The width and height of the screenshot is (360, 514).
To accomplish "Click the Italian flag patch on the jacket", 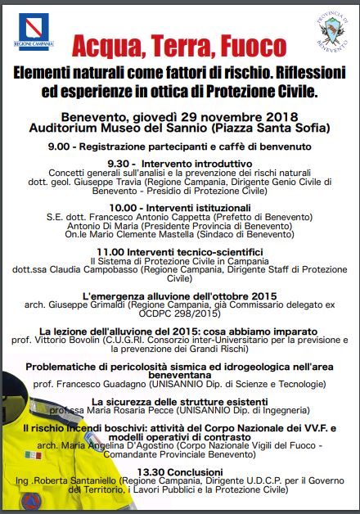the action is click(x=33, y=454).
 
